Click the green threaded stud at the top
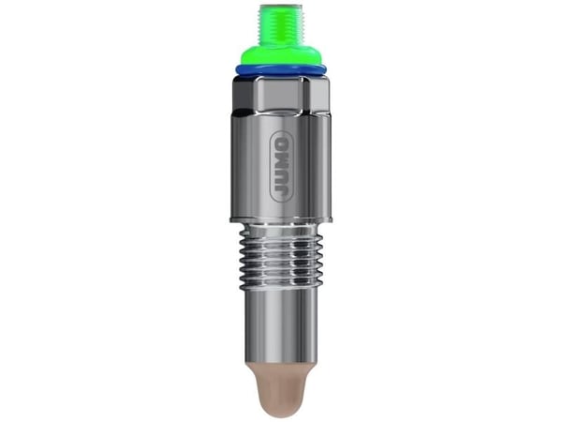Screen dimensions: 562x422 click(x=279, y=25)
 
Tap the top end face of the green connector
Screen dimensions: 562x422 click(x=279, y=6)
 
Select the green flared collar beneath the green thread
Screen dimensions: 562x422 click(x=280, y=56)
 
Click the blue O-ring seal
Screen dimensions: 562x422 click(x=281, y=70)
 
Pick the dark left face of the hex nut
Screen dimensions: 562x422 click(x=244, y=93)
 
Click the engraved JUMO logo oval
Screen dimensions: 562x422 click(x=283, y=165)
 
